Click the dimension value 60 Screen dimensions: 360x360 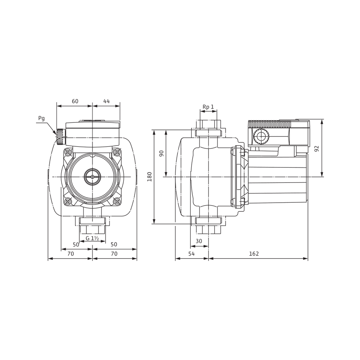click(75, 101)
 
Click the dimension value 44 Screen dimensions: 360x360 click(107, 101)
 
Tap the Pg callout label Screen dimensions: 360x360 click(41, 119)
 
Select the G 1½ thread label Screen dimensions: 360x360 click(92, 238)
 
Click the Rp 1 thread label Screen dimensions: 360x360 click(208, 107)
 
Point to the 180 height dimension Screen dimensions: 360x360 click(150, 176)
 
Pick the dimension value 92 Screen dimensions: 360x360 click(317, 149)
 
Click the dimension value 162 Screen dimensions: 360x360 click(254, 254)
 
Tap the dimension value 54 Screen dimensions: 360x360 click(192, 254)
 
